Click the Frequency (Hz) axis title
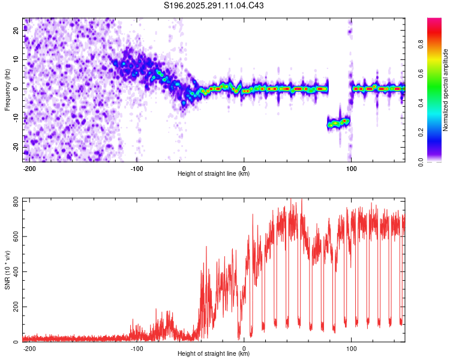click(x=7, y=89)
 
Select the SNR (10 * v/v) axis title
click(x=7, y=269)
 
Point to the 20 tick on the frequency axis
click(x=16, y=31)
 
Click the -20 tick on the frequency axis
click(x=16, y=147)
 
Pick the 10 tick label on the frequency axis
click(x=16, y=60)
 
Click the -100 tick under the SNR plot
click(x=136, y=348)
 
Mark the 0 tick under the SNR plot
click(x=244, y=348)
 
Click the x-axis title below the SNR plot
click(x=214, y=354)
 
